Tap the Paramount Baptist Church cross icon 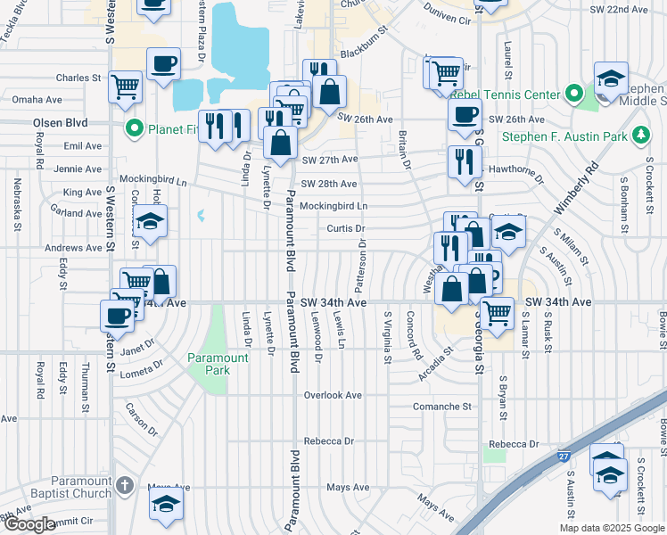coord(126,486)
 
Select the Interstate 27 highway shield coord(564,456)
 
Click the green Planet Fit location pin coord(136,128)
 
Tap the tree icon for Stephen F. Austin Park coord(639,136)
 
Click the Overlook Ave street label coord(332,395)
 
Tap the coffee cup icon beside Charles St coord(163,64)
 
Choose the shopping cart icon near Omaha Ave coord(126,86)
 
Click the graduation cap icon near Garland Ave coord(151,220)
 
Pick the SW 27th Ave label coord(329,160)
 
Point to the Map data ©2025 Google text coord(611,528)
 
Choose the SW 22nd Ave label coord(619,9)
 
